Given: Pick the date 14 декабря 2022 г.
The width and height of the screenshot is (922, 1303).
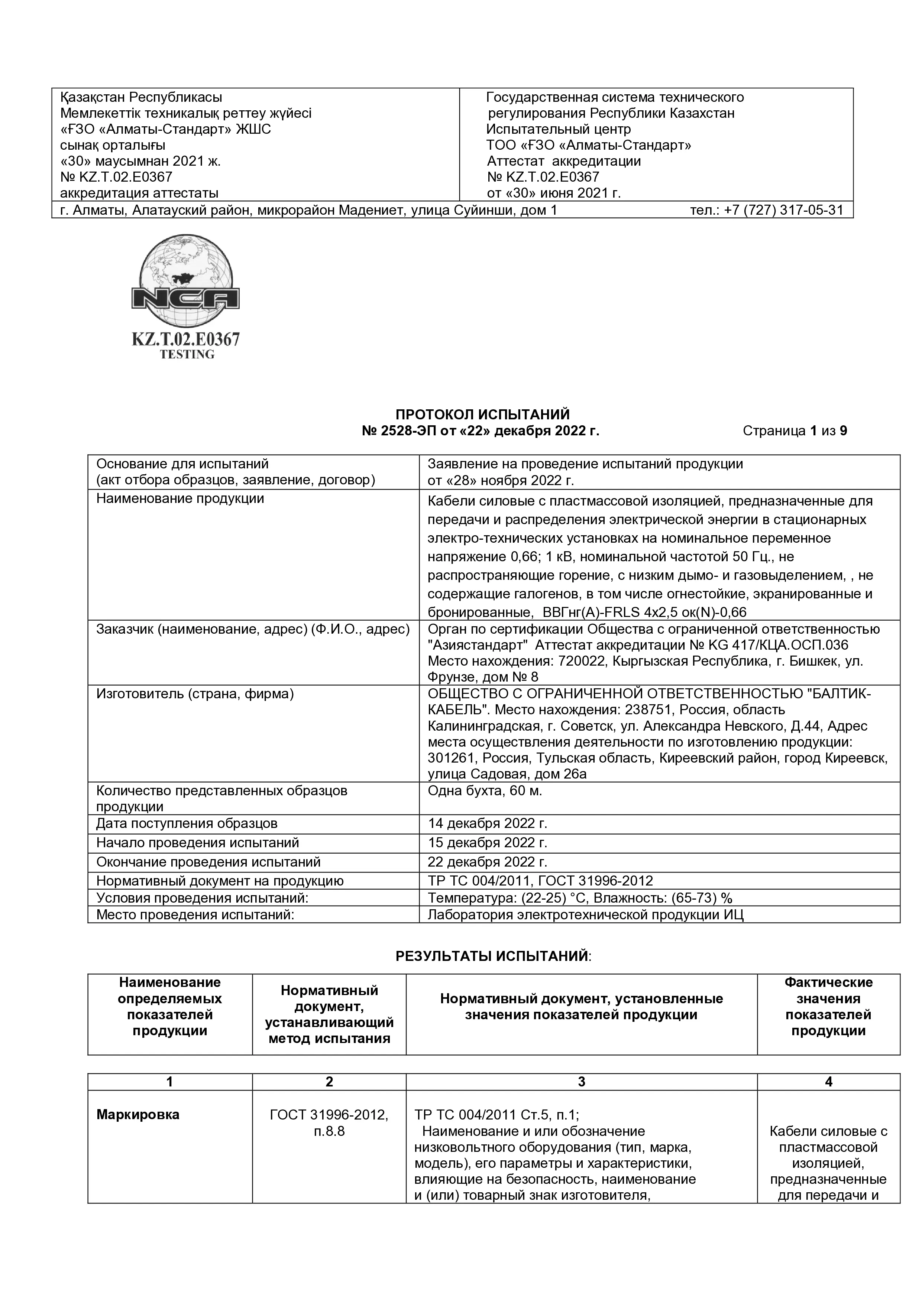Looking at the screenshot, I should [x=487, y=823].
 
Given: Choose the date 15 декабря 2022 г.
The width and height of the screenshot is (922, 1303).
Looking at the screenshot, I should [x=487, y=843].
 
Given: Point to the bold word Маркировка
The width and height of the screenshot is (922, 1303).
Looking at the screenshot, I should [x=138, y=1115].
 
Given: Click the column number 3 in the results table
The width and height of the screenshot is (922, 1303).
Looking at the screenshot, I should [x=581, y=1082].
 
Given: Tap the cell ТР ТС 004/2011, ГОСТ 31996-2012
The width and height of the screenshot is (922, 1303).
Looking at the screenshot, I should [x=540, y=881].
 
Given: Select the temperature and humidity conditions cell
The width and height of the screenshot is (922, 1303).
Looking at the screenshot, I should [x=580, y=898].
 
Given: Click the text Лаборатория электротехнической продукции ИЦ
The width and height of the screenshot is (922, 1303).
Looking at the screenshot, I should [x=585, y=915].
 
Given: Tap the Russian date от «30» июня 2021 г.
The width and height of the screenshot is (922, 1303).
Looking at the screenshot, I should [x=554, y=193].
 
